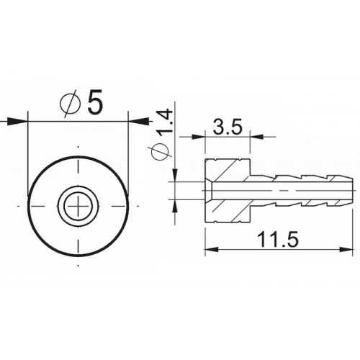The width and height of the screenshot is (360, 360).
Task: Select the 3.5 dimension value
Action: coord(227,129)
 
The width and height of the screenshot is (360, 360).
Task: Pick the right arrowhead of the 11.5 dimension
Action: coord(348,249)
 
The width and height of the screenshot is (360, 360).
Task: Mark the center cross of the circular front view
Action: coord(77,208)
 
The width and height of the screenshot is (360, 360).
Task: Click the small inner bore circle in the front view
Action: coord(77,200)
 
